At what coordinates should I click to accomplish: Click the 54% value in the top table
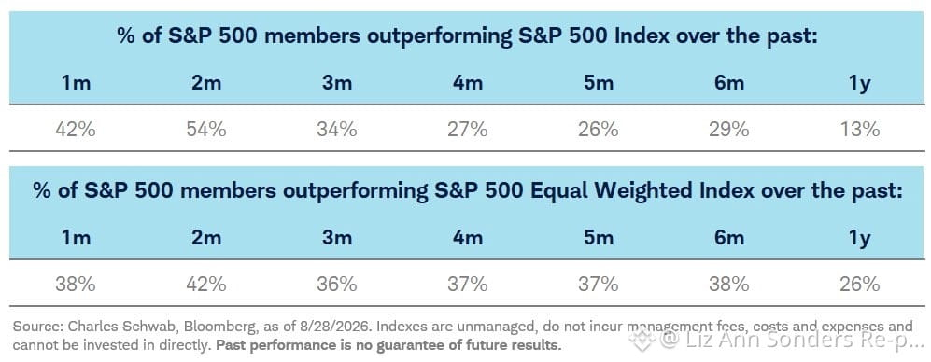[206, 129]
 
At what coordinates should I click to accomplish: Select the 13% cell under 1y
[859, 129]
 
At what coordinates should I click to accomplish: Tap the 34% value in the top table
[337, 129]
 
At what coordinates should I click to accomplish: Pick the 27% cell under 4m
[467, 129]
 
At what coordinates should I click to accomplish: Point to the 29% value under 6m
[728, 129]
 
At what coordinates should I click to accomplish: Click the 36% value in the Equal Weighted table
[337, 285]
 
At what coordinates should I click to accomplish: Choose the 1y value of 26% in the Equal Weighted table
[859, 285]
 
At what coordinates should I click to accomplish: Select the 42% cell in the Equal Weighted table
[206, 285]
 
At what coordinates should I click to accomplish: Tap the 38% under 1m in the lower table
[76, 285]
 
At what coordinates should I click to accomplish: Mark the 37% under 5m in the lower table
[598, 285]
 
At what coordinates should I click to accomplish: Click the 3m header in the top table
[337, 82]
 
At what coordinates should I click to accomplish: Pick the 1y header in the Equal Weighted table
[859, 238]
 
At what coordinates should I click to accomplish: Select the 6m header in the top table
[728, 82]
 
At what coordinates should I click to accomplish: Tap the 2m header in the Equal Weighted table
[206, 238]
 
